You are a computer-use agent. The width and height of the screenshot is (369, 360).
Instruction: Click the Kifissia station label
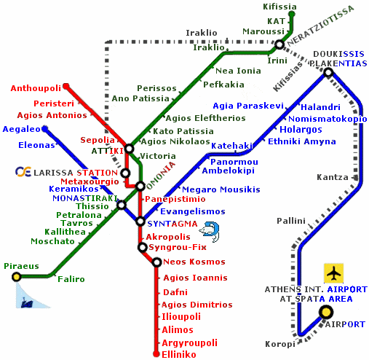coord(279,7)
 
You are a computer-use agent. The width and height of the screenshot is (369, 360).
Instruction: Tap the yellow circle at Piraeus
coord(17,277)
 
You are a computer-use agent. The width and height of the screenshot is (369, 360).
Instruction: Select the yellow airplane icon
coord(333,273)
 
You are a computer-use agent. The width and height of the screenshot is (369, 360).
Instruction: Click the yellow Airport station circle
coord(326,312)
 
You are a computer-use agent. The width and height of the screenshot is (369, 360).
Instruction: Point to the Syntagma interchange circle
coord(140,222)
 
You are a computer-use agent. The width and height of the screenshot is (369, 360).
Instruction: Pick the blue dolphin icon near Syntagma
coord(210,232)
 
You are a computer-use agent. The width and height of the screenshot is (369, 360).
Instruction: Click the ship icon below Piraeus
coord(27,303)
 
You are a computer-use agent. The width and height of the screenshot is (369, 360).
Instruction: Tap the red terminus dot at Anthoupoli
coord(66,86)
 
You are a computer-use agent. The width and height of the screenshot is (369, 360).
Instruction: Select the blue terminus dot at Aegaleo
coord(45,129)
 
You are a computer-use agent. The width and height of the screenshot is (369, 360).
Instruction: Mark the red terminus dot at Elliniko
coord(156,353)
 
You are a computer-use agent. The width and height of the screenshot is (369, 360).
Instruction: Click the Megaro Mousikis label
coord(221,189)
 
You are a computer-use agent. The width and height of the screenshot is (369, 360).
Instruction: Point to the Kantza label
coord(333,177)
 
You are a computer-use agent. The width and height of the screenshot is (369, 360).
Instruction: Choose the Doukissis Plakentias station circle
coord(328,72)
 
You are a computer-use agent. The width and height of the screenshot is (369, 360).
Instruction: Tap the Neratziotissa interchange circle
coord(279,44)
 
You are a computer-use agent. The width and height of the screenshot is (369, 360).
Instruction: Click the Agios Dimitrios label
coord(197,305)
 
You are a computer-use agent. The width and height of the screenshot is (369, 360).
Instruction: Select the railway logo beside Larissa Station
coord(23,171)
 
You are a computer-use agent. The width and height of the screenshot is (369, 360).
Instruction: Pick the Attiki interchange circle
coord(130,148)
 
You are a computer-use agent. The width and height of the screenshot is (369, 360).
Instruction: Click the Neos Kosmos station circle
coord(157,262)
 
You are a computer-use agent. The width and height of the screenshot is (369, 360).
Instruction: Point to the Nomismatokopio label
coord(328,119)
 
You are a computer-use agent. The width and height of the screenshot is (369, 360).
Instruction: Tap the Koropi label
coord(280,344)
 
